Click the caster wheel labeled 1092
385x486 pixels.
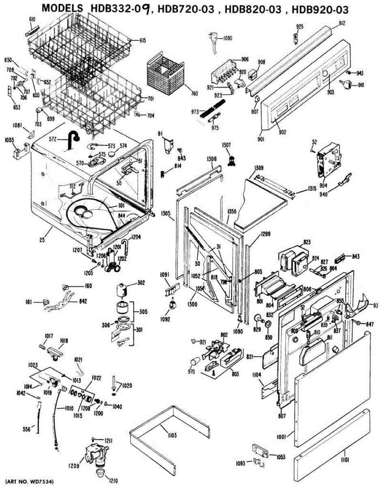coord(172,302)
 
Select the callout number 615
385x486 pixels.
coord(142,40)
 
